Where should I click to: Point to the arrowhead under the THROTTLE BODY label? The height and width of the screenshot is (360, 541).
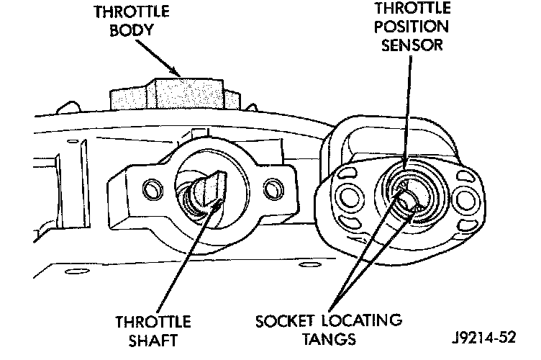pyautogui.click(x=178, y=71)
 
